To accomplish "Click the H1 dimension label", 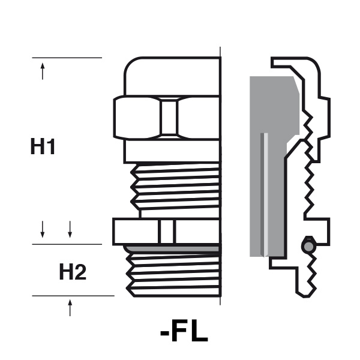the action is click(43, 146).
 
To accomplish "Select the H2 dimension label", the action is click(73, 272).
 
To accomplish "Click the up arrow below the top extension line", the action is click(43, 71).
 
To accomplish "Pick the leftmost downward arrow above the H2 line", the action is click(43, 229).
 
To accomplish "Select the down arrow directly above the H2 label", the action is click(70, 229).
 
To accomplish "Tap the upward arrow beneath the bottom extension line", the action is click(70, 308).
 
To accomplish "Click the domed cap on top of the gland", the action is click(172, 76).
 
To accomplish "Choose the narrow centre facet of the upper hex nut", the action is click(169, 118).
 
